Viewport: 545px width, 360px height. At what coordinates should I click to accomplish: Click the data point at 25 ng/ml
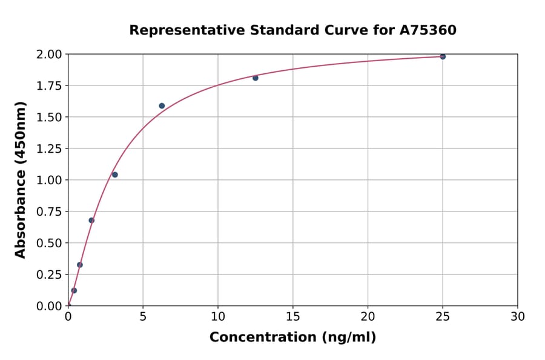coord(443,56)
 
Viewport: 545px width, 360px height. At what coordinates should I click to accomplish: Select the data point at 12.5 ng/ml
coord(256,78)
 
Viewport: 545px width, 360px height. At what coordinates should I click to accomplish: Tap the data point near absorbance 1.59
coord(162,105)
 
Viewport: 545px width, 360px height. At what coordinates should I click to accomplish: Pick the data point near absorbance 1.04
coord(115,175)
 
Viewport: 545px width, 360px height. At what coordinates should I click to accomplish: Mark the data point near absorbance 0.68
coord(91,220)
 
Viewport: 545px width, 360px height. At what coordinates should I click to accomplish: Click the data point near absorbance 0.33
coord(80,265)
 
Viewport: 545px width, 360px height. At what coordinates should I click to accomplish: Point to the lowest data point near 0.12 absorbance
coord(74,290)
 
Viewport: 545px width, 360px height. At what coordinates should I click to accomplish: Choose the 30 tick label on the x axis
coord(518,316)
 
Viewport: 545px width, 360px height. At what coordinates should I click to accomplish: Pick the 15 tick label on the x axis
coord(293,316)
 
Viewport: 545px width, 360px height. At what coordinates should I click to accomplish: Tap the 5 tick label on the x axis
coord(143,316)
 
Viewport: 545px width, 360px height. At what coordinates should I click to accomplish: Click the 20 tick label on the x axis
coord(368,316)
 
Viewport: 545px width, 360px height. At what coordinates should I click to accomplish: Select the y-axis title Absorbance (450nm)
coord(21,179)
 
